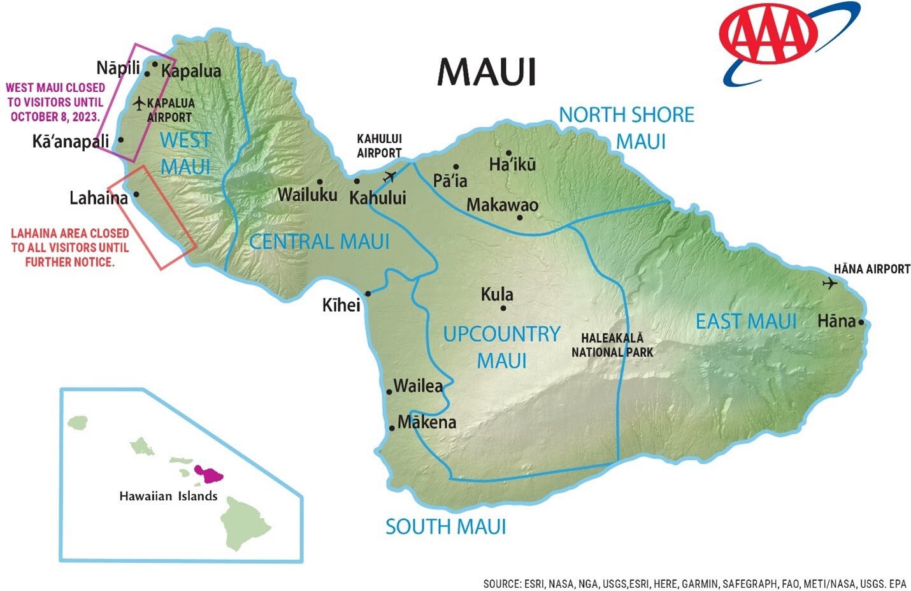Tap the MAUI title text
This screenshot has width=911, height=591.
point(486,72)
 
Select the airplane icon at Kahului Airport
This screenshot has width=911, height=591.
point(389,176)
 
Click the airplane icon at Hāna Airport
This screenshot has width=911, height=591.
point(829,283)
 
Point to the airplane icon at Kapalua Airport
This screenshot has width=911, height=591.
point(140,103)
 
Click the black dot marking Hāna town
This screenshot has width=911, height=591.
point(861,322)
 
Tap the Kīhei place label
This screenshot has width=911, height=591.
point(341,305)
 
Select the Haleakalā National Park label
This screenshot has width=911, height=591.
point(612,345)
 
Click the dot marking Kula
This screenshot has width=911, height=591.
point(503,308)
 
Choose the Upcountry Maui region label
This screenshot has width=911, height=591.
point(501,347)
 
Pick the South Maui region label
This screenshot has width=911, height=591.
point(445,527)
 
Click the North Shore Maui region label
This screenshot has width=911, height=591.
point(627,128)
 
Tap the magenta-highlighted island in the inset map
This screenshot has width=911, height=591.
point(208,473)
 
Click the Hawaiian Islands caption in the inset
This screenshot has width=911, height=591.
point(168,496)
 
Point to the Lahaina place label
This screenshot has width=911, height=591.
point(98,198)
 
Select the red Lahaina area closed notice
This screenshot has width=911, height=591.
point(69,247)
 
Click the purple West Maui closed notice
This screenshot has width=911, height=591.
point(55,103)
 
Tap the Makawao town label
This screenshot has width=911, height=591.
point(502,205)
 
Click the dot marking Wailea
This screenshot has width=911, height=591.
point(389,391)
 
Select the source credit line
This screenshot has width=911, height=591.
point(694,583)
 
